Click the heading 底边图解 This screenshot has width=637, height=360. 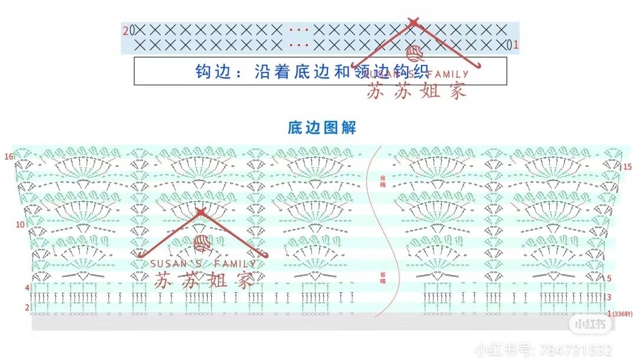point(322,127)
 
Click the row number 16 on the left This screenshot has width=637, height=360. point(8,157)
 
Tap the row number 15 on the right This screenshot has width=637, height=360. point(627,167)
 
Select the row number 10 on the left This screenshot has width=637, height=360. point(20,225)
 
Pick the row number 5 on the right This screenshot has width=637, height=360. point(609,278)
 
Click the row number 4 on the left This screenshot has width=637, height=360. point(27,287)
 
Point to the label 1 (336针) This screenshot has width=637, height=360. point(619,314)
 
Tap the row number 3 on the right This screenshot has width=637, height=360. point(609,297)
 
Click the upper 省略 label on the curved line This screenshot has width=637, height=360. point(383,181)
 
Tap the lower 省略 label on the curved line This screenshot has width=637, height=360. point(383,277)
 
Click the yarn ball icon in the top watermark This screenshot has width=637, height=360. point(418,54)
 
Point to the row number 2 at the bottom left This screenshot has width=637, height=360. point(27,307)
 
